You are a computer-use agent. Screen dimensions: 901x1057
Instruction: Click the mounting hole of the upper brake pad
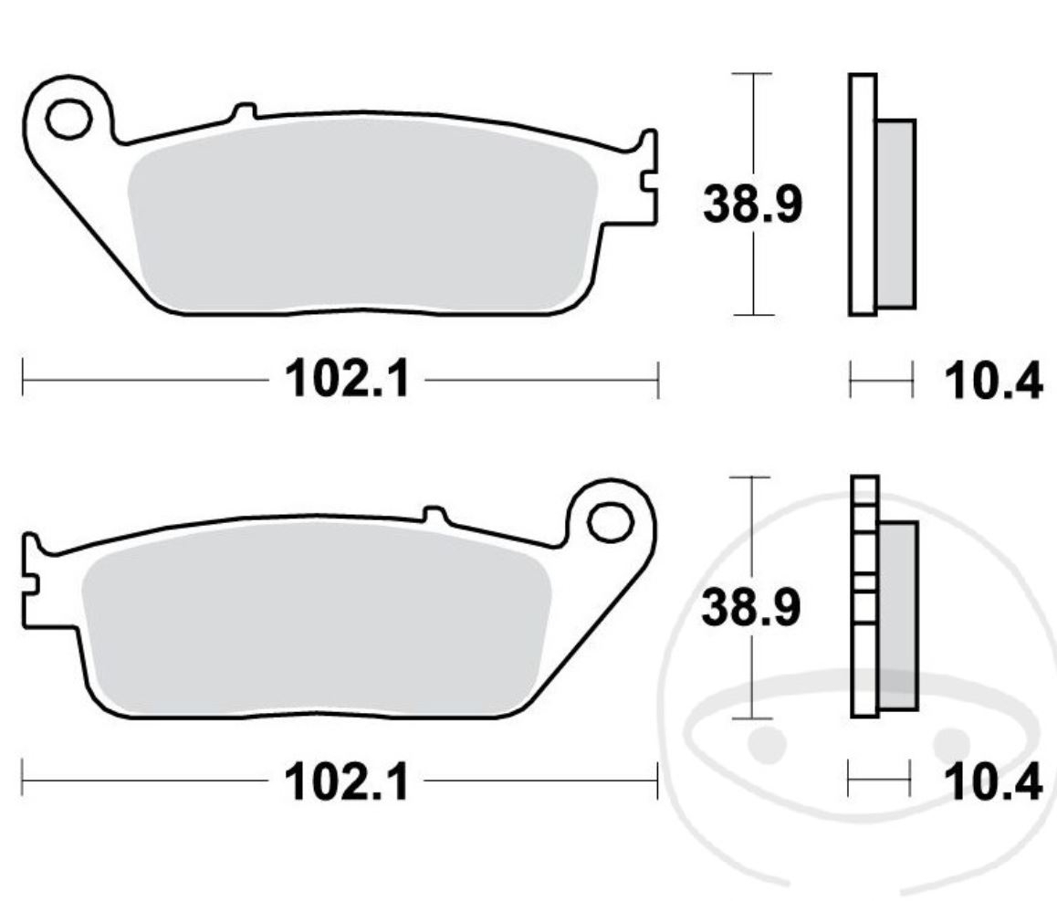[68, 119]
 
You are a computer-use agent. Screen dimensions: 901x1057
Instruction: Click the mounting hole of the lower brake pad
[611, 522]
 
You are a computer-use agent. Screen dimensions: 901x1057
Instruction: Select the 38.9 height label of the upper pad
[752, 204]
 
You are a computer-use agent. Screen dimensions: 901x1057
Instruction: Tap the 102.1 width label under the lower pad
[347, 781]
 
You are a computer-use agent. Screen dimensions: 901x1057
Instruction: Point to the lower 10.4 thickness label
[992, 782]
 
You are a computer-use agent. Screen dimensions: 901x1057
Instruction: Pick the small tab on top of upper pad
[243, 112]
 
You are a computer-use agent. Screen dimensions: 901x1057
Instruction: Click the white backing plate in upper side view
[863, 194]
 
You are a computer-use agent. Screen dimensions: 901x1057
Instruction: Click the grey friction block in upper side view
[895, 213]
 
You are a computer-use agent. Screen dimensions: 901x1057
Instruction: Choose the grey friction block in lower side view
[898, 616]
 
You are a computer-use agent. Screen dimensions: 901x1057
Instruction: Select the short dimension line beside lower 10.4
[879, 781]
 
